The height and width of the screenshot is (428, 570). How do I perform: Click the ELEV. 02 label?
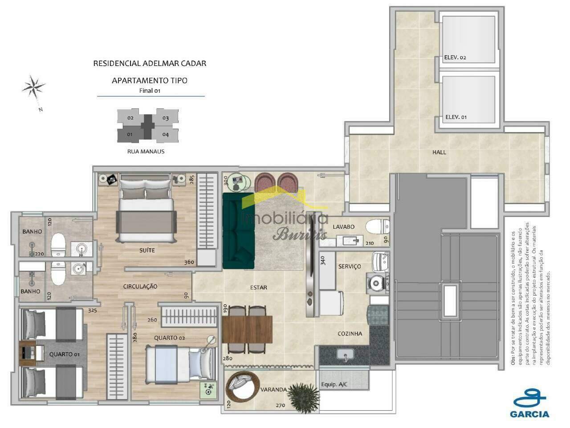click(x=455, y=58)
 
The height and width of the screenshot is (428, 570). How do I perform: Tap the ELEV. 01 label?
click(x=456, y=117)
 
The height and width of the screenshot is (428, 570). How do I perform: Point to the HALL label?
click(x=439, y=152)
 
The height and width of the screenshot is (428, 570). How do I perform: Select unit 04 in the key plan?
click(x=166, y=134)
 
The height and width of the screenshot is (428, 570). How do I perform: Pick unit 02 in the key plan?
click(x=130, y=118)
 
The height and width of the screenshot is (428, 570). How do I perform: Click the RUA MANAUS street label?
click(x=146, y=152)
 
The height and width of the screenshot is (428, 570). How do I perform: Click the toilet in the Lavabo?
click(x=376, y=226)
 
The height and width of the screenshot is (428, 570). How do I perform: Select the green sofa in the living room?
click(x=237, y=231)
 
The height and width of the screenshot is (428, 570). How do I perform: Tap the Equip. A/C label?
click(x=334, y=384)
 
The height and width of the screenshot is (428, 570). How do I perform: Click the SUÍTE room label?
click(x=147, y=250)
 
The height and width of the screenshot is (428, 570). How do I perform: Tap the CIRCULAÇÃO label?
click(x=140, y=287)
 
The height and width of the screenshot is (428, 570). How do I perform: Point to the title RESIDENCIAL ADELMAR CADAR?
click(x=150, y=63)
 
